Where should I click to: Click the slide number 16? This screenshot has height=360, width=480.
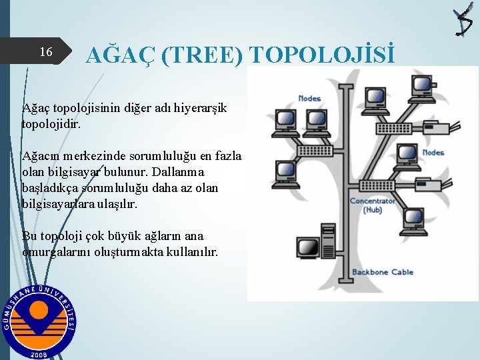[x=45, y=52]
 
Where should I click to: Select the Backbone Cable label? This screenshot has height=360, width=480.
[x=382, y=272]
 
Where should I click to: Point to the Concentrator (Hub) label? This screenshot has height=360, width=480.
[x=372, y=205]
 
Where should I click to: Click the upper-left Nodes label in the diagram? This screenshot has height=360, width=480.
[x=309, y=99]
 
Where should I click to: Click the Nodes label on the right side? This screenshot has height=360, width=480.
[x=433, y=153]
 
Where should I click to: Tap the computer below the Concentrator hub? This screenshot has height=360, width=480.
[x=413, y=219]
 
